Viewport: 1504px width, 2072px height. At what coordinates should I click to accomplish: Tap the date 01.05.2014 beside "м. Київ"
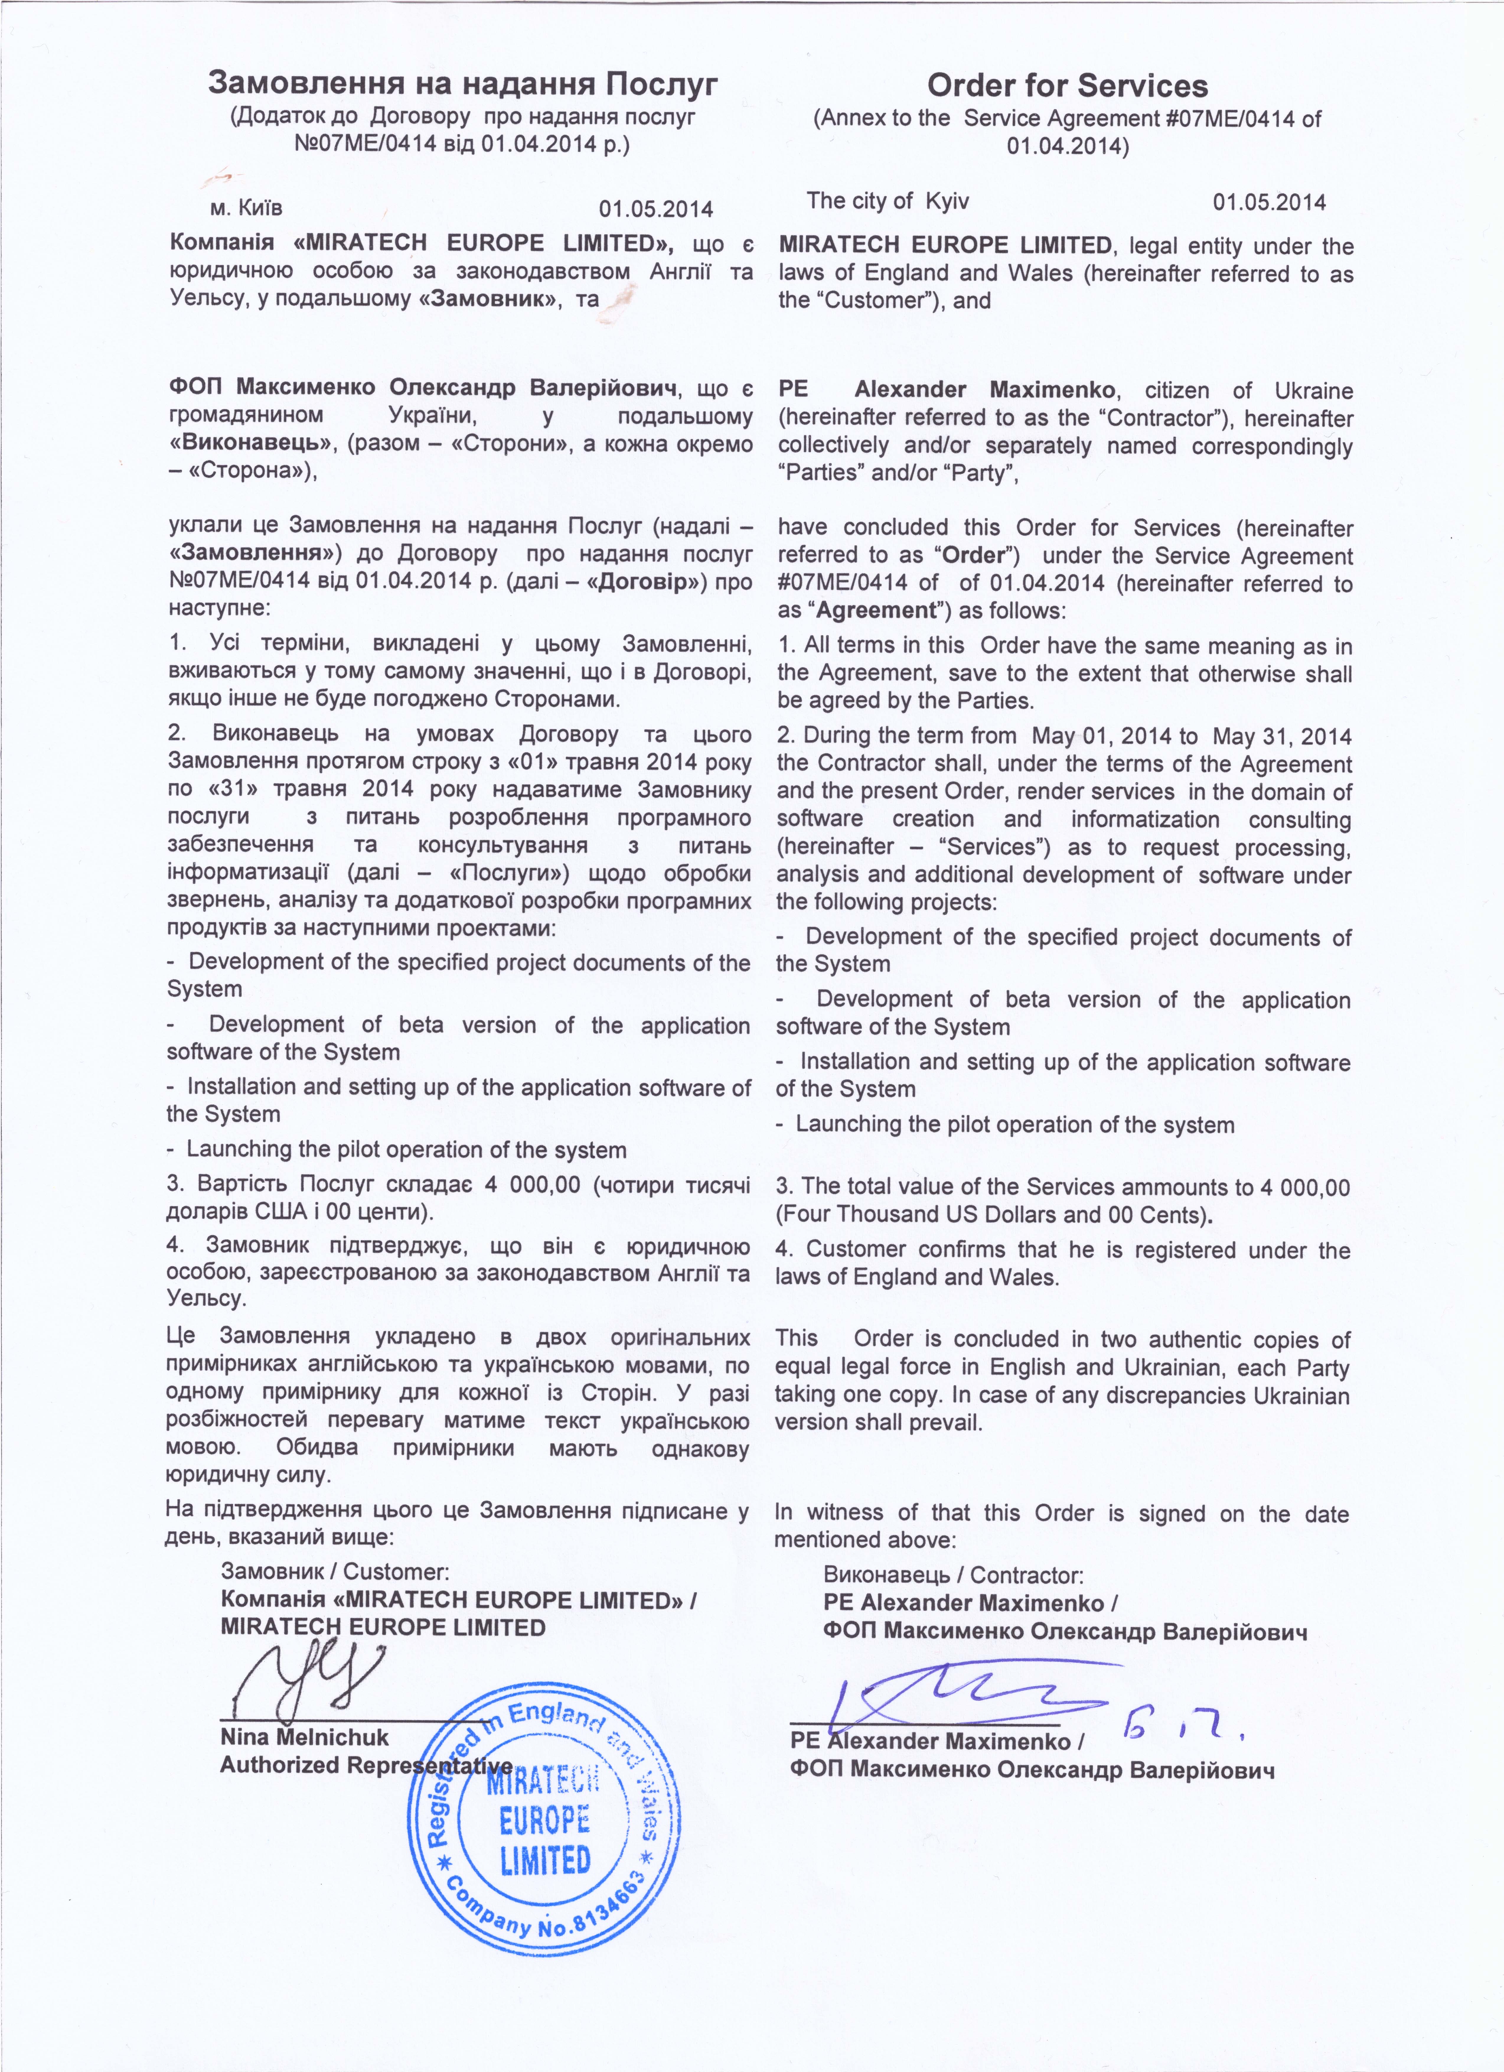click(x=656, y=209)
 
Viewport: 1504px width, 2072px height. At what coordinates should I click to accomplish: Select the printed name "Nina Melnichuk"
click(x=304, y=1738)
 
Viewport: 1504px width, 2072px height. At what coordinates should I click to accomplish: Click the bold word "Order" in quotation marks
click(x=973, y=555)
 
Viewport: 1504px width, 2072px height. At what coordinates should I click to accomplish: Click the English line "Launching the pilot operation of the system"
click(x=1014, y=1125)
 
